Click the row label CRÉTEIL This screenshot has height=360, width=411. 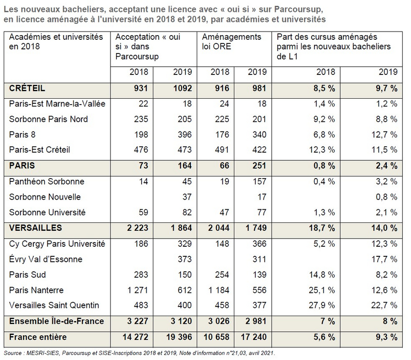tap(27, 88)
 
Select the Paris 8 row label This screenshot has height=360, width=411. tap(22, 134)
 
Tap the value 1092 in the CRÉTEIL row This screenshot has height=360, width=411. tap(183, 88)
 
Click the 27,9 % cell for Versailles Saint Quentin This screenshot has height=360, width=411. tap(321, 306)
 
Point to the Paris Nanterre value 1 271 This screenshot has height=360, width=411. tap(137, 290)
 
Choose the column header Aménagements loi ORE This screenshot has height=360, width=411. tap(232, 42)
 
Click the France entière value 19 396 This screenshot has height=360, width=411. tap(179, 337)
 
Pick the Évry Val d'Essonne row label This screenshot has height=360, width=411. tap(46, 259)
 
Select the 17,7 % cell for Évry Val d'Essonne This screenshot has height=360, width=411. tap(384, 259)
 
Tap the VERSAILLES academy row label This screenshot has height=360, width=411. tap(35, 228)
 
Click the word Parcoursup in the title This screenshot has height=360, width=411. tap(299, 10)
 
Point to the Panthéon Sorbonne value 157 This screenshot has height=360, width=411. tap(259, 181)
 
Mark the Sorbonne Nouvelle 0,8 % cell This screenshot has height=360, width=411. tap(387, 197)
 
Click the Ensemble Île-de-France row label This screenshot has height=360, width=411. tap(56, 321)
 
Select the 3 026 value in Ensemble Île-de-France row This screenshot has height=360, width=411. tap(219, 321)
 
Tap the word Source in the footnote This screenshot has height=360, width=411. tap(13, 353)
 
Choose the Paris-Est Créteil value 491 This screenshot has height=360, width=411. tap(222, 150)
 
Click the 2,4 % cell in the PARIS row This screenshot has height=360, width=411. tap(387, 166)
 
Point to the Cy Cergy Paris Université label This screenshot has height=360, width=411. tap(57, 244)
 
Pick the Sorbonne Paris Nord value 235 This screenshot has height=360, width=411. tap(141, 119)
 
